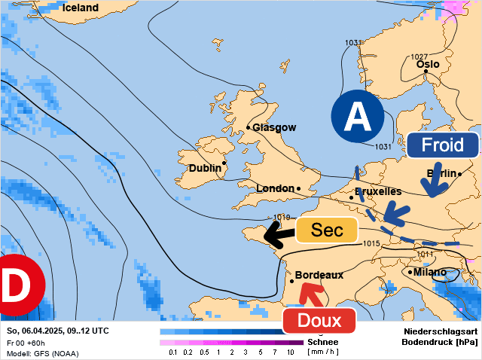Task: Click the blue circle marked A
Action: (357, 117)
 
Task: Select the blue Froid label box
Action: (442, 145)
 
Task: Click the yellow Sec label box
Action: (327, 230)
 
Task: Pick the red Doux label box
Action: (319, 321)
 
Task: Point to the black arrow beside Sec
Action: (278, 235)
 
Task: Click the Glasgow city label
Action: (273, 127)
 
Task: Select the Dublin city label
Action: (205, 168)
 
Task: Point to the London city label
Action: (275, 188)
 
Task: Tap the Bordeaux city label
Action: (319, 275)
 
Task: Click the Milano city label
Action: (430, 272)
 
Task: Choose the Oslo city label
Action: (427, 64)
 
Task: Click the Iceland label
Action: (80, 8)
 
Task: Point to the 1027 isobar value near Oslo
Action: (419, 57)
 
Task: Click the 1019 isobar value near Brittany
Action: (282, 218)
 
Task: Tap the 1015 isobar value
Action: (371, 243)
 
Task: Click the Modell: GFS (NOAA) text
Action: (42, 353)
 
